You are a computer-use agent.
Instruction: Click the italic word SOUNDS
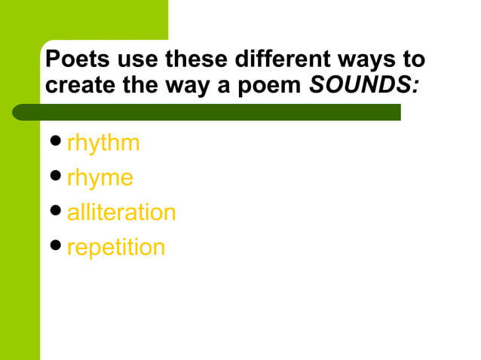[x=365, y=84]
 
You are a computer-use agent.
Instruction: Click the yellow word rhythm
[x=103, y=143]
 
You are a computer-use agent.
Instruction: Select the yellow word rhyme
[x=100, y=178]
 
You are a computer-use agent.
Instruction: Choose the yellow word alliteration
[x=121, y=212]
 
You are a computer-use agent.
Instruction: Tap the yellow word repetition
[x=115, y=247]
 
